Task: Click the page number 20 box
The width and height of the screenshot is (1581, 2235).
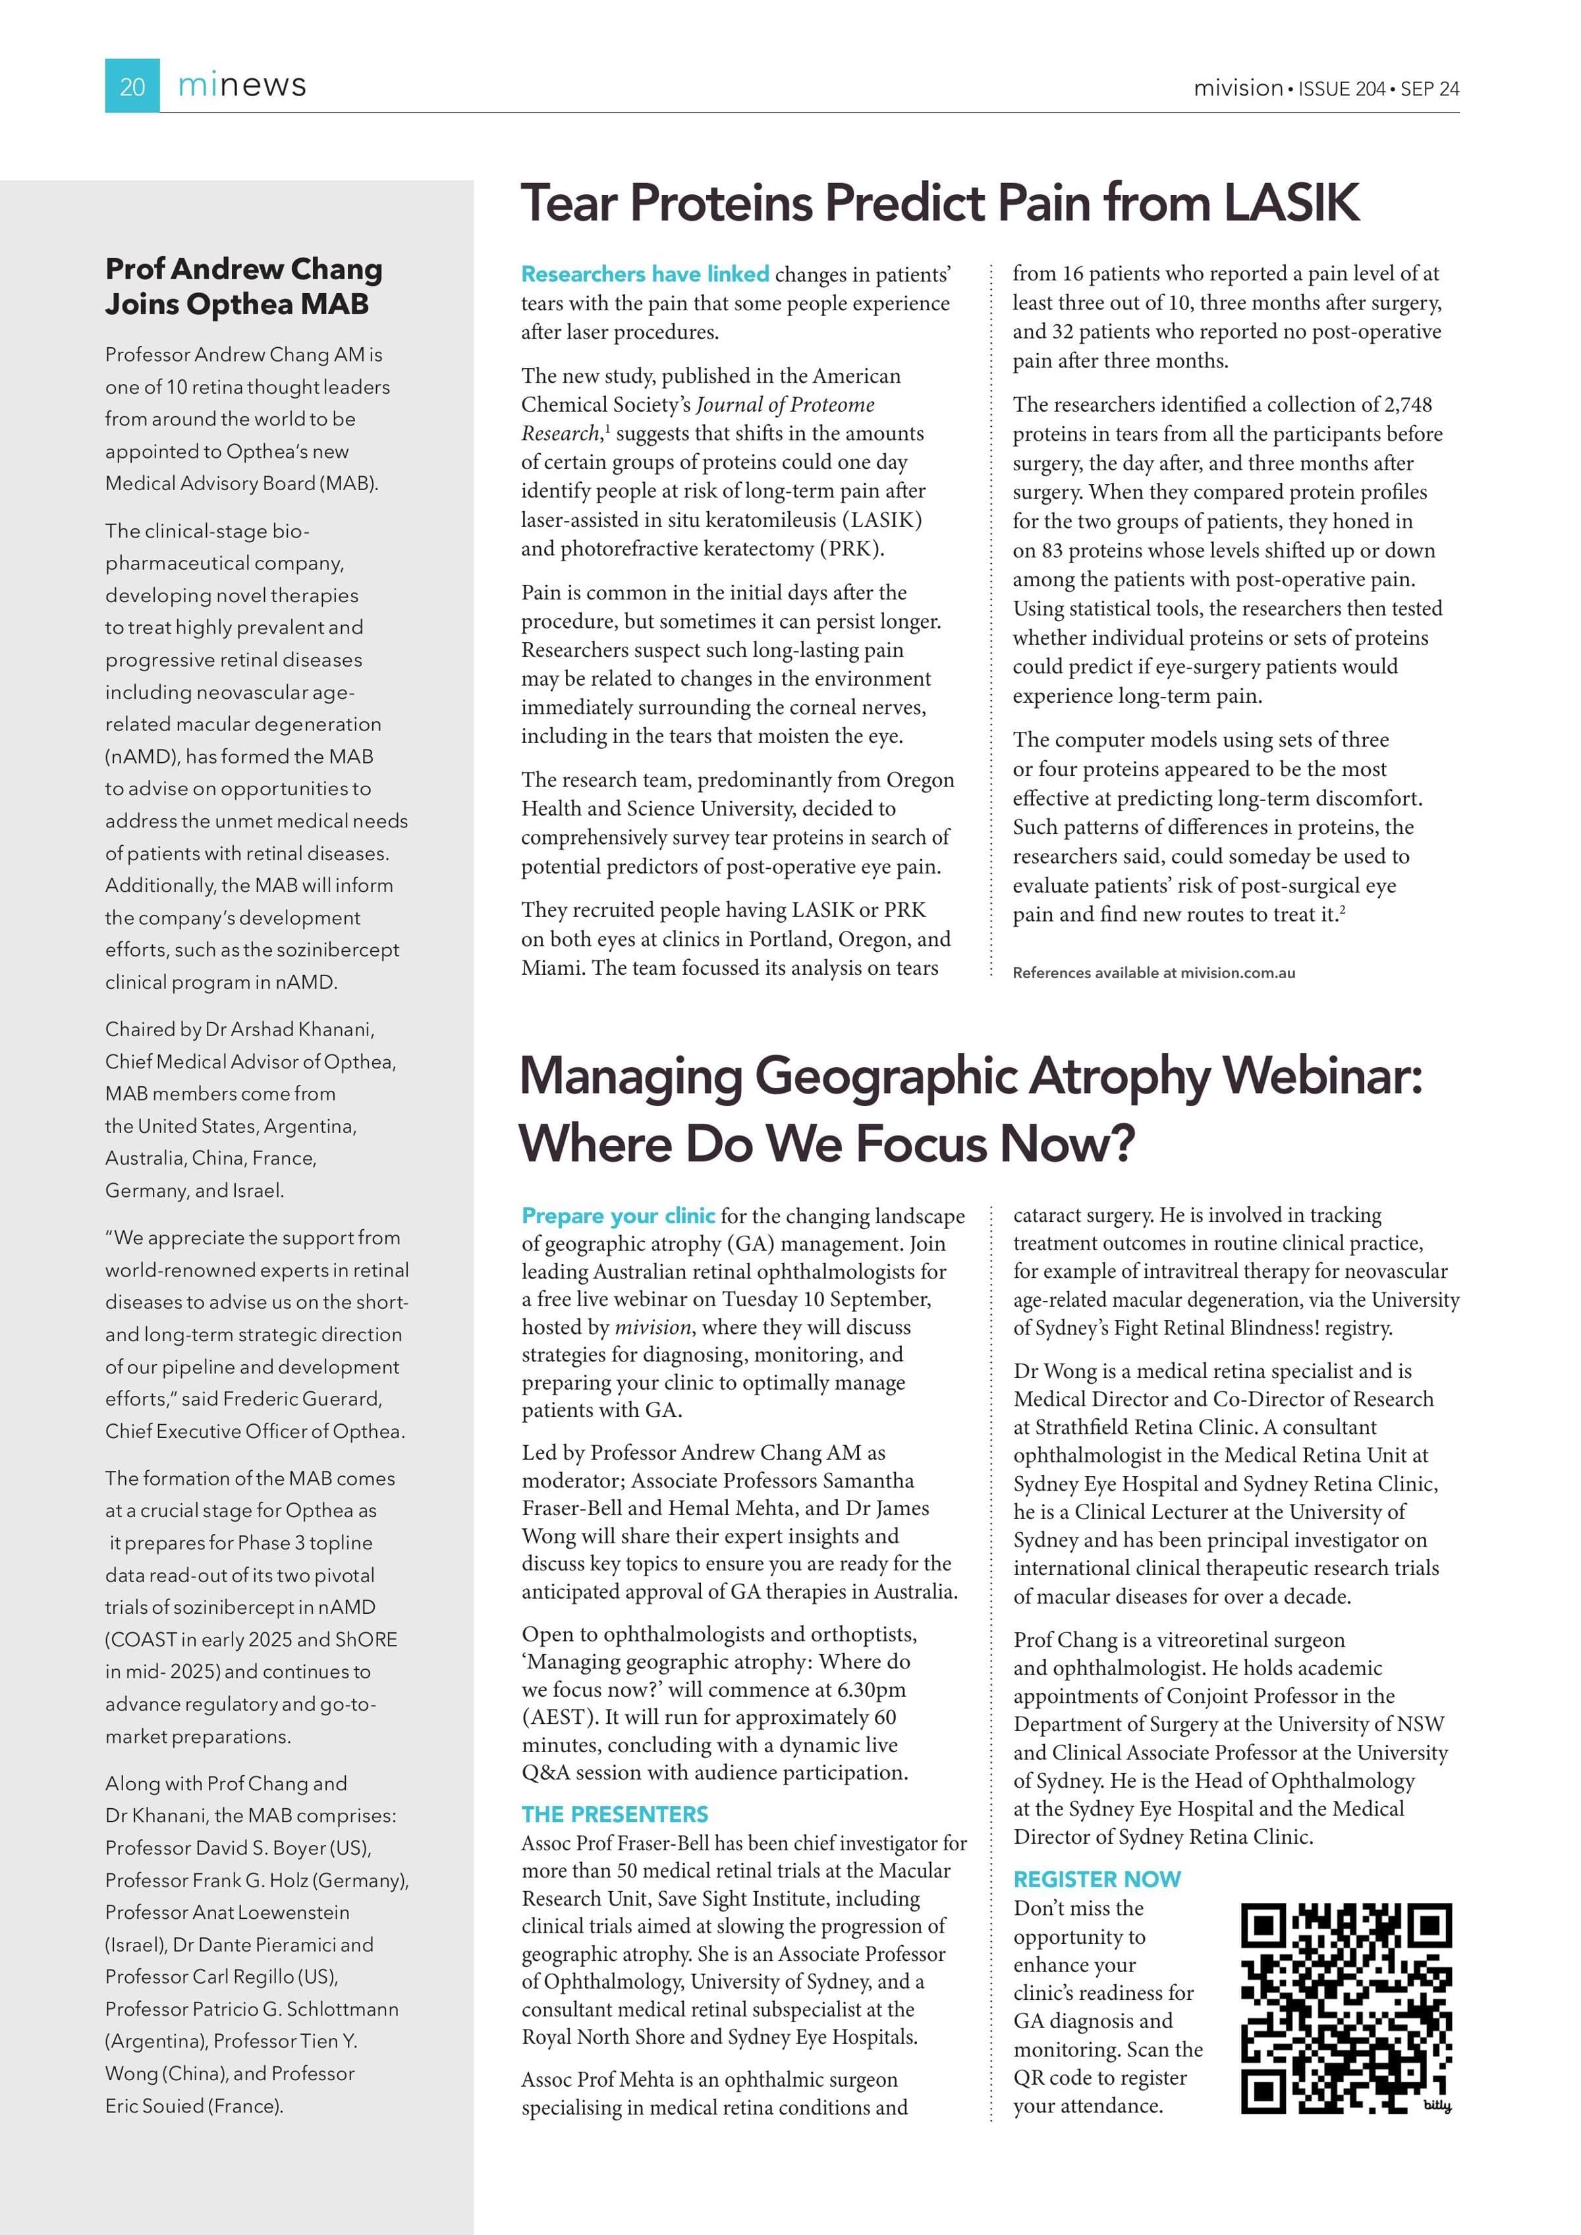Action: click(132, 86)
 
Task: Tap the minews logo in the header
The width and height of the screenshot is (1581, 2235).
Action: click(242, 86)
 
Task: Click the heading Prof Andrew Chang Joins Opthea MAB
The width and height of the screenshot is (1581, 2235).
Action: click(243, 286)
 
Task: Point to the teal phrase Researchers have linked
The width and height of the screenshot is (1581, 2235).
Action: click(644, 275)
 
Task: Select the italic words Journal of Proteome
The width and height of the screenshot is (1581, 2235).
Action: click(785, 405)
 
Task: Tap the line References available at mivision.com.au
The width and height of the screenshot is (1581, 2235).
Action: click(1153, 972)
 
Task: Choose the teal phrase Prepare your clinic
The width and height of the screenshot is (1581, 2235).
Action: click(618, 1216)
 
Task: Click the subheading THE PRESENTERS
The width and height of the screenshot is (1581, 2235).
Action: click(615, 1815)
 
